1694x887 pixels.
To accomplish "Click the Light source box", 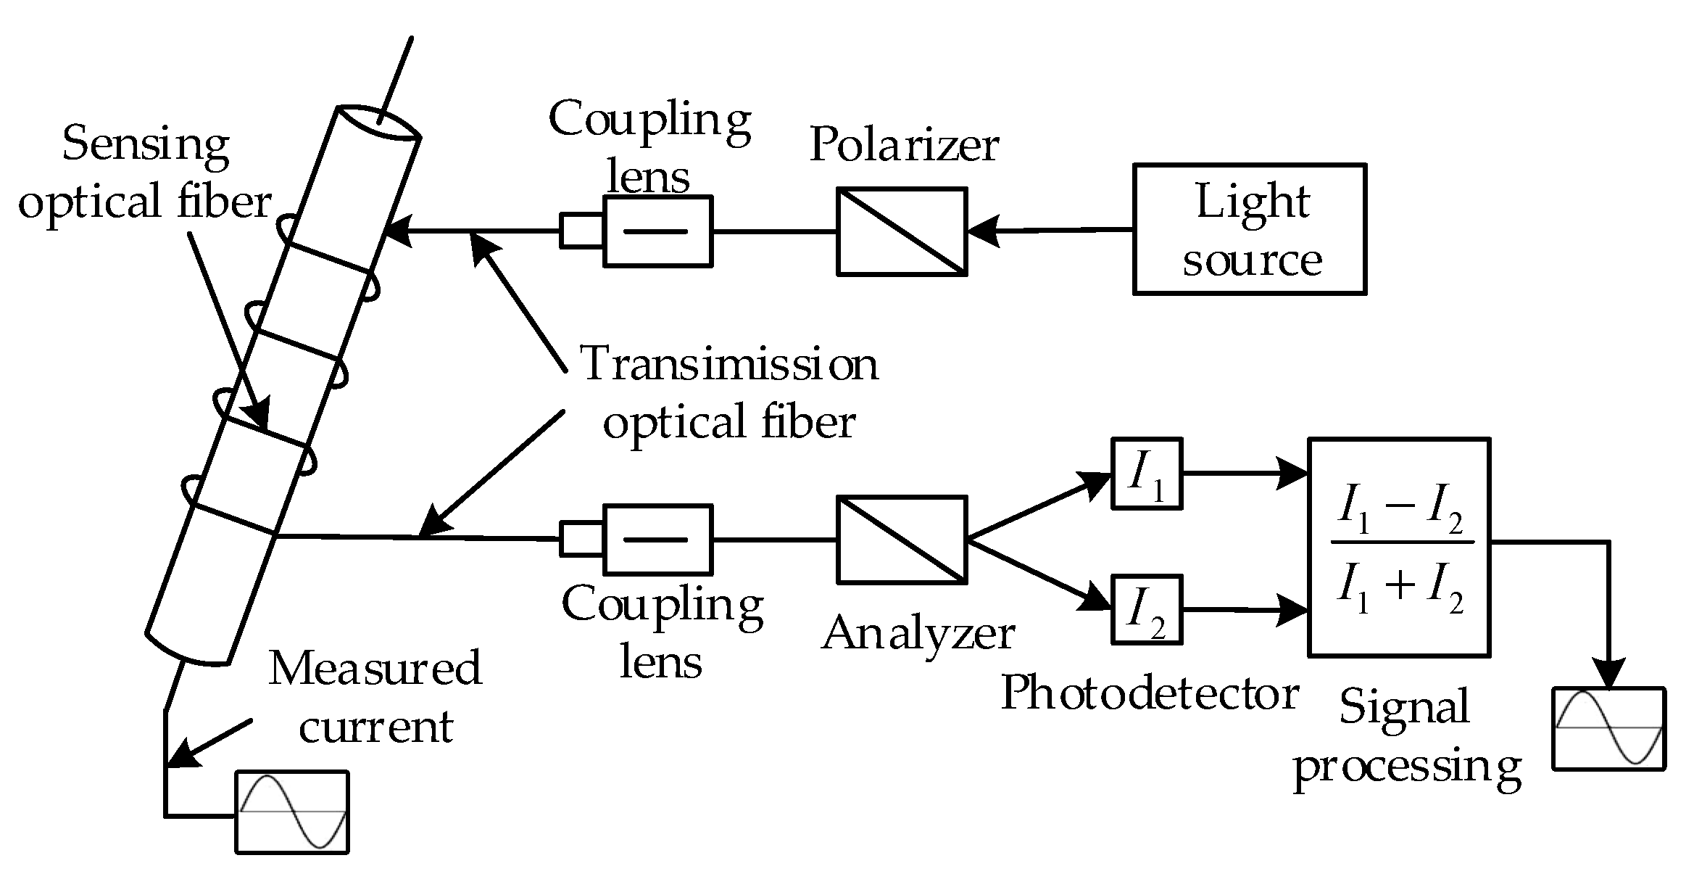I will pos(1249,228).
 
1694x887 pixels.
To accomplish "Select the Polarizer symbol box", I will pos(902,231).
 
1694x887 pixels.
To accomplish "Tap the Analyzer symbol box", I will pos(902,540).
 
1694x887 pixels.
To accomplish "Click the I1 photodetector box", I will pos(1147,473).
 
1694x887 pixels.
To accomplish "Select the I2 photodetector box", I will pos(1147,609).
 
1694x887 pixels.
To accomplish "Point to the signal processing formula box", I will pos(1398,547).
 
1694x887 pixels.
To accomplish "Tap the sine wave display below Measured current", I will pos(292,811).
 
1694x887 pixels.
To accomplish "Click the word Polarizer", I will pos(904,145).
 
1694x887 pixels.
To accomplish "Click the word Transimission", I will pos(729,364).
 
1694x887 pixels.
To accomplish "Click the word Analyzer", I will pos(918,634).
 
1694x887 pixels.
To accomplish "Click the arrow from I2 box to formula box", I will pos(1244,610).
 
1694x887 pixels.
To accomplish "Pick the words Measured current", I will pos(375,697).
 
